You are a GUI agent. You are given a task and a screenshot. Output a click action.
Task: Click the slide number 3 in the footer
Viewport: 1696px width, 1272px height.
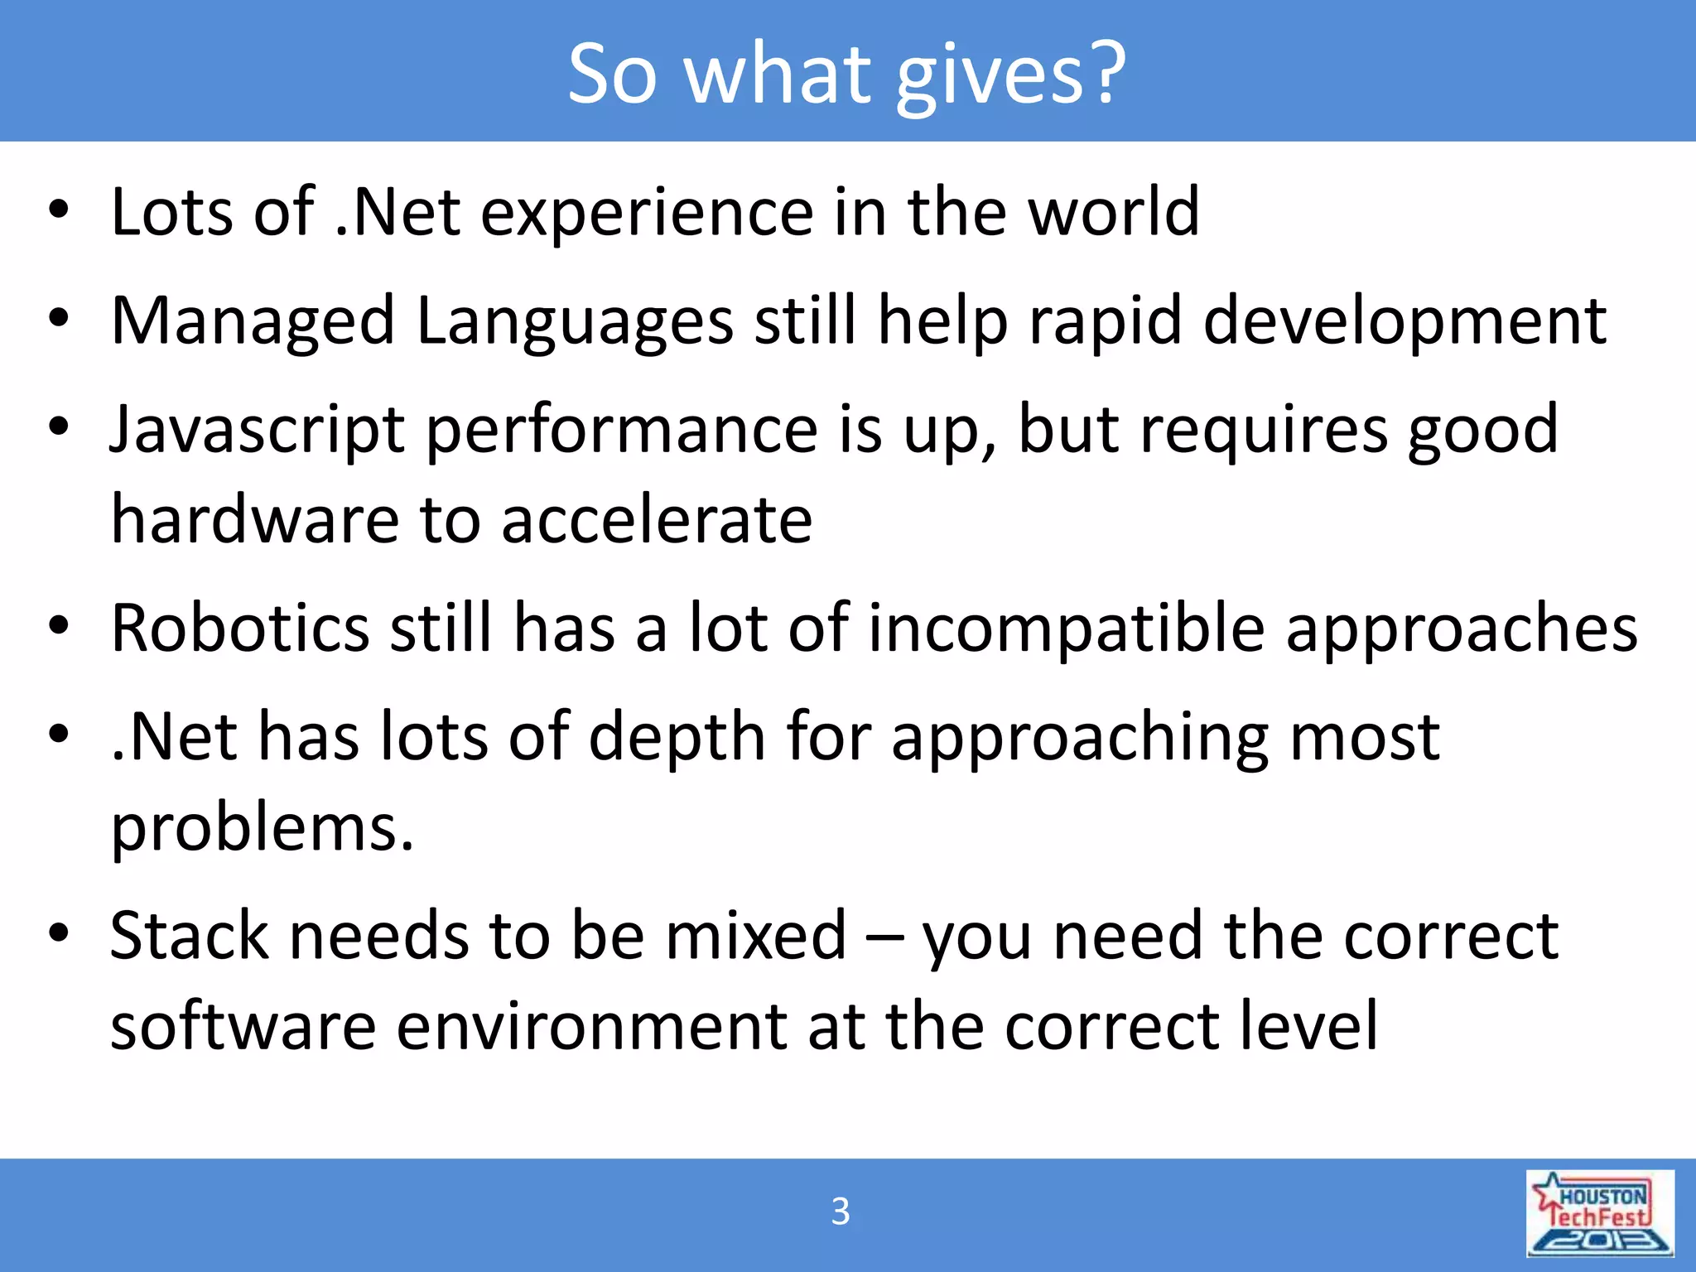coord(840,1212)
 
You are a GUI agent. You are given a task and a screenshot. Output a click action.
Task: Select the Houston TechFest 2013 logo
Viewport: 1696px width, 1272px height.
coord(1599,1214)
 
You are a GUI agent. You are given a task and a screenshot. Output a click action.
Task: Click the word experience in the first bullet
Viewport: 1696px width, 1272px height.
coord(647,213)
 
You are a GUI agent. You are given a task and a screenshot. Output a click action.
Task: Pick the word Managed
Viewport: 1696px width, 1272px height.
coord(253,322)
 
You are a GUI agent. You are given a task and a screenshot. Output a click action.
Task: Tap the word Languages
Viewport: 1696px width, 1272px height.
coord(575,322)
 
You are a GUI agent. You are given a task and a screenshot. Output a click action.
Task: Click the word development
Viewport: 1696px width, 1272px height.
coord(1404,322)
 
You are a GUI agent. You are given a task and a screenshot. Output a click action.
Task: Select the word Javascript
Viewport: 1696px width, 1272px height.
coord(258,431)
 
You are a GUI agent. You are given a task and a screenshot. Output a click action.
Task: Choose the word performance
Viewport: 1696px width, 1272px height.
coord(621,431)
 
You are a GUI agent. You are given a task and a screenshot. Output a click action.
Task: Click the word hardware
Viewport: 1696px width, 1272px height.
coord(254,520)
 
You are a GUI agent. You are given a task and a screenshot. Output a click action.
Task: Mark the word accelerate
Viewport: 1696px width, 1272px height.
coord(657,520)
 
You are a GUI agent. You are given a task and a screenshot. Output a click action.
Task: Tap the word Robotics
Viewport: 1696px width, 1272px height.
coord(239,628)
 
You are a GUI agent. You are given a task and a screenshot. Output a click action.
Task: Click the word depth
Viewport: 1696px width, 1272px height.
coord(677,737)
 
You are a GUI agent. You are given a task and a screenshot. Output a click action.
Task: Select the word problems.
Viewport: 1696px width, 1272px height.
coord(262,828)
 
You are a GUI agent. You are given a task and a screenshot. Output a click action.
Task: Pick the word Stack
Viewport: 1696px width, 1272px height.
coord(189,936)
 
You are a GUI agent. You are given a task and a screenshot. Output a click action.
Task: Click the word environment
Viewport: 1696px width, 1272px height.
coord(591,1027)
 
